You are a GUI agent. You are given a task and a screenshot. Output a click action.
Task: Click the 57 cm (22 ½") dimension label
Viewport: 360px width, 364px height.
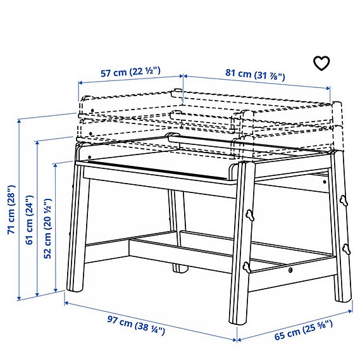point(131,72)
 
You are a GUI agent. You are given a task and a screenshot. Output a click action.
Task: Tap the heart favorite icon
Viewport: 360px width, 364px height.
point(322,63)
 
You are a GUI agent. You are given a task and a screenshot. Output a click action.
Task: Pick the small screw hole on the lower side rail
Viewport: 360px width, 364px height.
point(290,272)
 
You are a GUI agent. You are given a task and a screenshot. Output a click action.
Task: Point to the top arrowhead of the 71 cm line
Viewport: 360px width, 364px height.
point(20,121)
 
